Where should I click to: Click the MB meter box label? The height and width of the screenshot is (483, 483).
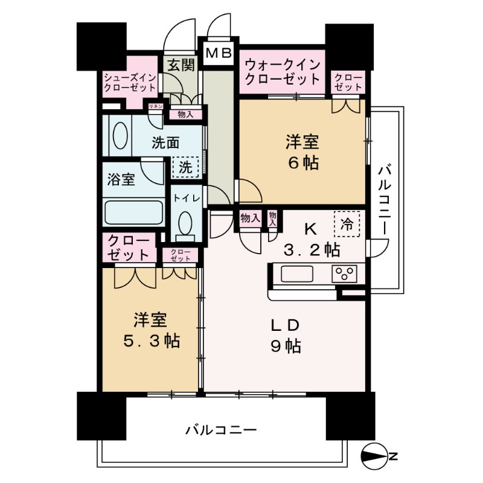point(219,54)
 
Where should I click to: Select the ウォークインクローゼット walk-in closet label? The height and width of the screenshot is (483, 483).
point(283,71)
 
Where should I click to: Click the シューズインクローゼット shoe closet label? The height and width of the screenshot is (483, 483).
point(130,83)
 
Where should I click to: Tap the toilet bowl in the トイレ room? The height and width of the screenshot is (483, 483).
point(185,225)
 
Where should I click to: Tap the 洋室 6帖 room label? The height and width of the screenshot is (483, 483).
point(302,152)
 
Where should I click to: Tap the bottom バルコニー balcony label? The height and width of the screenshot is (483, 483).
point(221,430)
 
